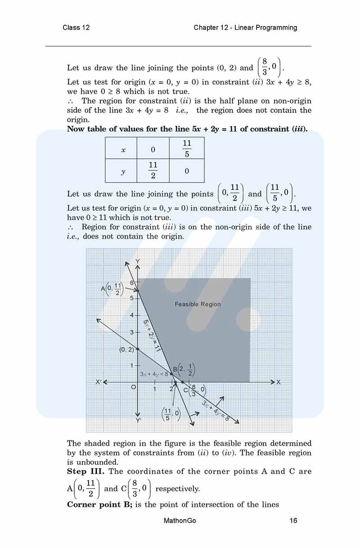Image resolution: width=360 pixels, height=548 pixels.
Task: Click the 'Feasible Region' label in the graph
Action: click(x=198, y=304)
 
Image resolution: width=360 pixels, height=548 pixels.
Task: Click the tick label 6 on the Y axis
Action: click(x=132, y=282)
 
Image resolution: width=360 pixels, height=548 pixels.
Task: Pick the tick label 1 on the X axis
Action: click(x=155, y=389)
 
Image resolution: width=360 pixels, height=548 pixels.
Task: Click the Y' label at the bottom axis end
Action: click(x=138, y=420)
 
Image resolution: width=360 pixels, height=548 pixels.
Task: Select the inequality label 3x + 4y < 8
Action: click(x=154, y=374)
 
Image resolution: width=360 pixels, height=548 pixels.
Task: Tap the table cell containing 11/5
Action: click(x=187, y=148)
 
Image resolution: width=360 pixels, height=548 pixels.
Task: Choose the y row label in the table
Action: click(x=123, y=171)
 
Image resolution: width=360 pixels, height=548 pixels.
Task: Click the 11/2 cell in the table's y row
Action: click(x=153, y=171)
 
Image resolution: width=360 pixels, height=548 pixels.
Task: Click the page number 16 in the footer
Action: click(x=293, y=521)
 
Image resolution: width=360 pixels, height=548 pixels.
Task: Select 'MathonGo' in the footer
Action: click(x=180, y=521)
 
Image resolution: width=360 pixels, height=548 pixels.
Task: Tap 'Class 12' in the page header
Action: click(x=76, y=27)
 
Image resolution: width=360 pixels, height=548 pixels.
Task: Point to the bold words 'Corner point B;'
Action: click(x=99, y=504)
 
